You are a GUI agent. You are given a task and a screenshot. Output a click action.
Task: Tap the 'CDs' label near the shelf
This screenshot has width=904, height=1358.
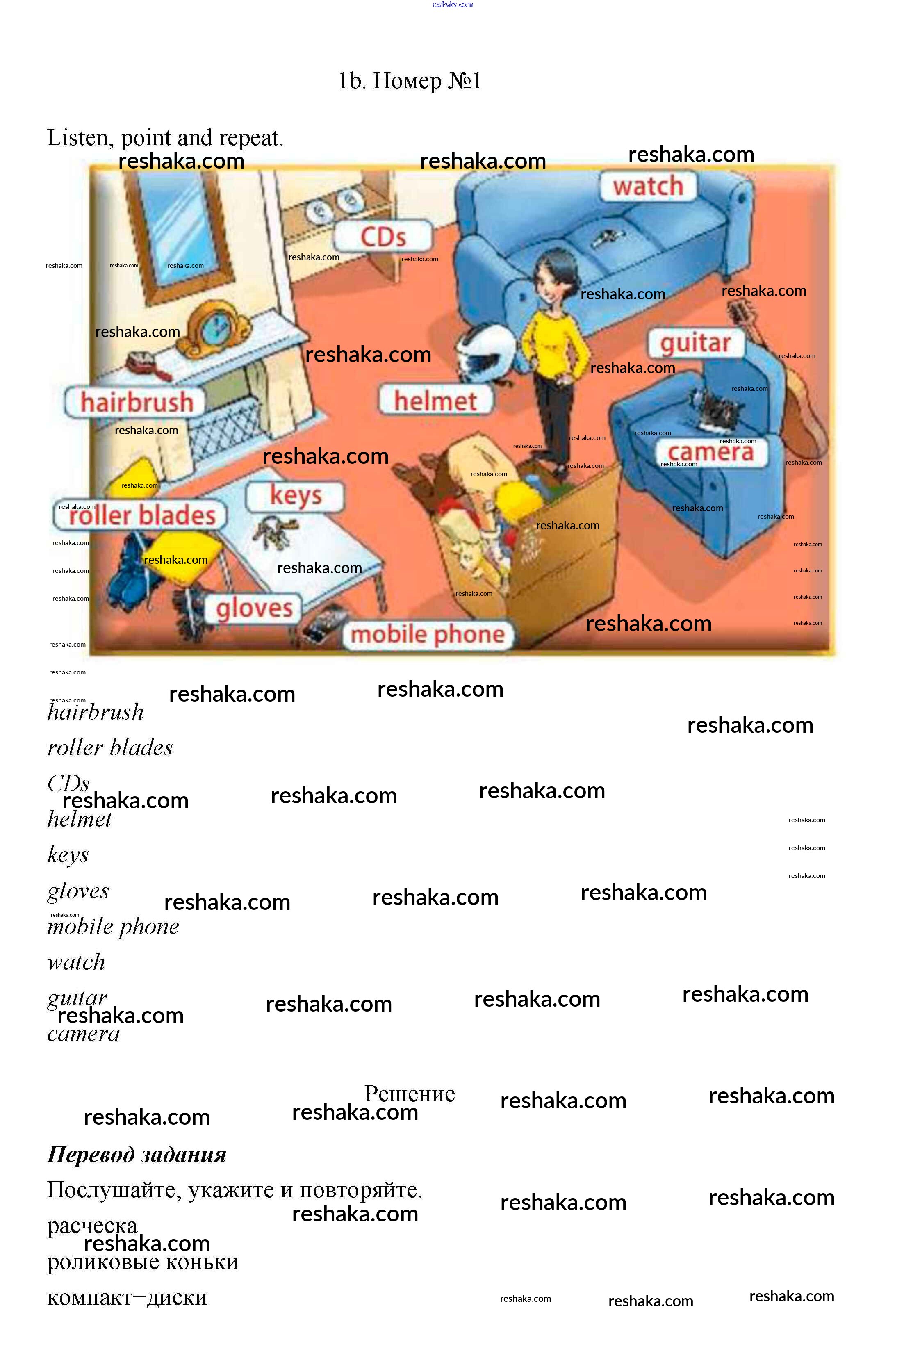383,237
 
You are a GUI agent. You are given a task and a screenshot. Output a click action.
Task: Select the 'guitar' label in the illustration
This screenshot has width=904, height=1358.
695,343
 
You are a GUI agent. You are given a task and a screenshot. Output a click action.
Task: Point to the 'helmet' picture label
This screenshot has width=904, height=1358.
435,401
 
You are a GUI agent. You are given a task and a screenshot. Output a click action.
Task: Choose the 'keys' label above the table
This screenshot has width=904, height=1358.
295,495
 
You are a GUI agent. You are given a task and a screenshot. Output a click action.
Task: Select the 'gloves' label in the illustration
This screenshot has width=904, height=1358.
254,608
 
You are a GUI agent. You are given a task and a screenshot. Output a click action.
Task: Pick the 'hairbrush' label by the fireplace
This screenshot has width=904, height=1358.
136,402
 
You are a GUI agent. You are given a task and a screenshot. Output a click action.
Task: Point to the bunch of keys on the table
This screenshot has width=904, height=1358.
277,531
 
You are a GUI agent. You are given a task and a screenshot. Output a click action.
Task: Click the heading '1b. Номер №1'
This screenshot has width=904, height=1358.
409,81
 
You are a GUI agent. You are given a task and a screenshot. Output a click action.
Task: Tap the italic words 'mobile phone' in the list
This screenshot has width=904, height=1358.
113,927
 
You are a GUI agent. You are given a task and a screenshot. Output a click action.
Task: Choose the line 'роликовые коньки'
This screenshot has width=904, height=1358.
142,1262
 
